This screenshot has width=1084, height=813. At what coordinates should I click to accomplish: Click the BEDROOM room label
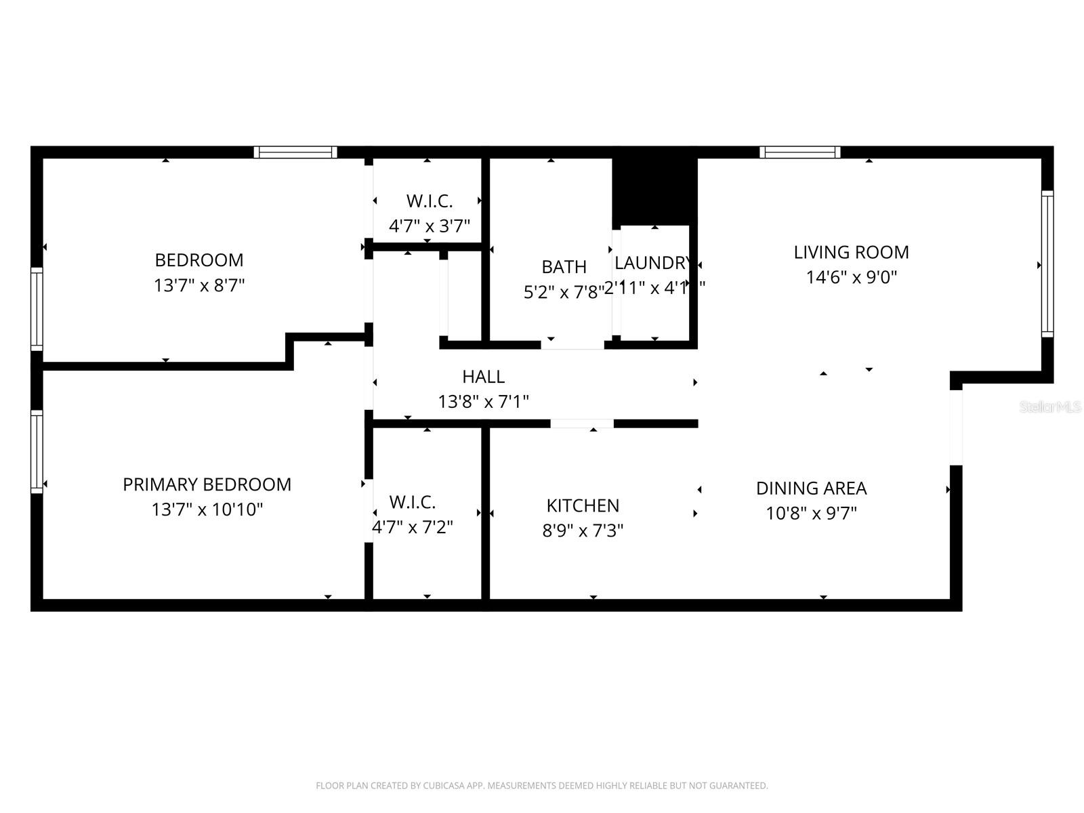(199, 260)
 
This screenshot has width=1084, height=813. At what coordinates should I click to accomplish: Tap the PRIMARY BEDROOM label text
(207, 484)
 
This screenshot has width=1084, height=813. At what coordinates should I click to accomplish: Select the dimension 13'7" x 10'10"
(207, 509)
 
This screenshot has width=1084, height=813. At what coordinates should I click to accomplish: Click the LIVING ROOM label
(851, 252)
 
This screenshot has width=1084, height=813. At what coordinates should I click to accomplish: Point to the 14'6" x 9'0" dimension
(851, 277)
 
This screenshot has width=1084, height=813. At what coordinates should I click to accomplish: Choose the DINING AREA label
(811, 488)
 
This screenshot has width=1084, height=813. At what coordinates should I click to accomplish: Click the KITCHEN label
(583, 505)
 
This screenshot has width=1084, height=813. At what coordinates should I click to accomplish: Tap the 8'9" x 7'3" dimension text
(583, 530)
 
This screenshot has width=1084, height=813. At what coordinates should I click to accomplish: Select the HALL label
(483, 377)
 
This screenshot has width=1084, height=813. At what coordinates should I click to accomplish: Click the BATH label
(564, 267)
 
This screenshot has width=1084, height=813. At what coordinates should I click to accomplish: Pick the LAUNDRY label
(652, 263)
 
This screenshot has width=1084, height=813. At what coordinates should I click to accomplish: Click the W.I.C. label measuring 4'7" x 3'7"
(429, 201)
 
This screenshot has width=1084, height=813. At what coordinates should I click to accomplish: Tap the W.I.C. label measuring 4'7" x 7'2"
(412, 502)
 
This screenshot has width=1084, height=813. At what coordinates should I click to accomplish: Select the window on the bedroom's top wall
(295, 152)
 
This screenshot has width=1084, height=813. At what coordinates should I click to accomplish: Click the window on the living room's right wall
(1047, 264)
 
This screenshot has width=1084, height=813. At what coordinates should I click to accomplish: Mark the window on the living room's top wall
(799, 152)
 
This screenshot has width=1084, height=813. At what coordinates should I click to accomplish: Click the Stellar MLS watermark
(1050, 407)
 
